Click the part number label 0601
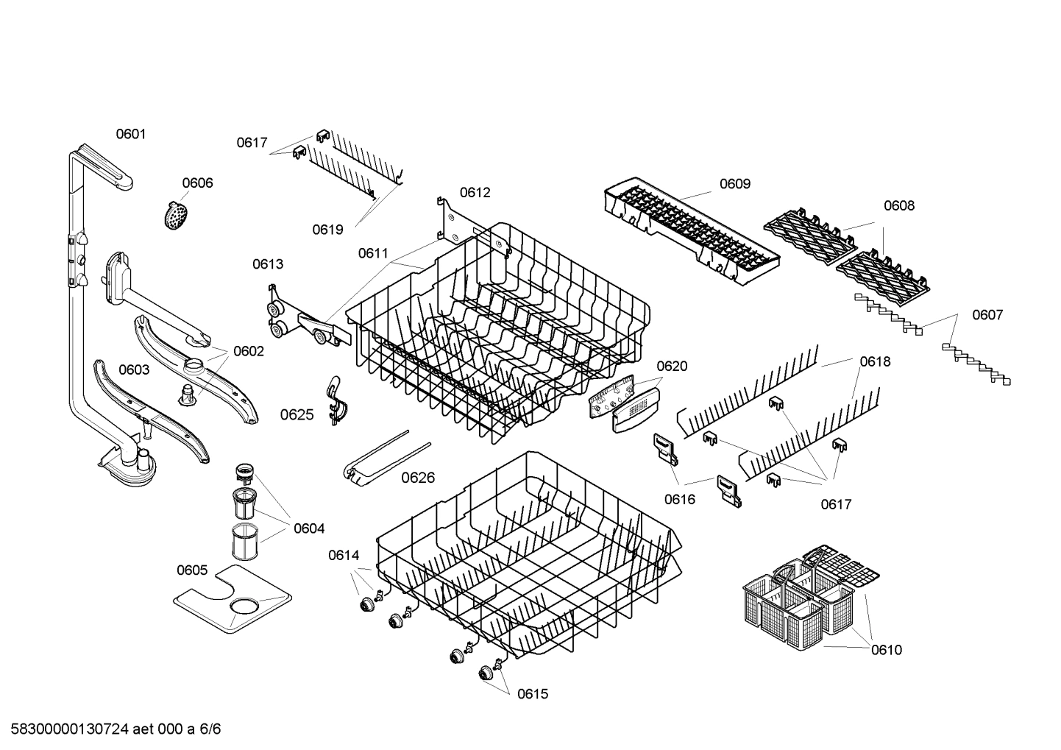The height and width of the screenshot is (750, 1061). point(131,134)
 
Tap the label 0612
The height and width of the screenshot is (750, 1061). point(475,193)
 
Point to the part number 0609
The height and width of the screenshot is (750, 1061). point(734,184)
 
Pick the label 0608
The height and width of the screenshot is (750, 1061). point(898,206)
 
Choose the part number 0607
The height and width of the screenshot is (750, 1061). point(987,315)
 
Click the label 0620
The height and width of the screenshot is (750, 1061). point(671,367)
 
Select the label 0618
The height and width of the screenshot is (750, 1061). point(875,361)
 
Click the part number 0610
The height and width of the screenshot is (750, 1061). point(886,650)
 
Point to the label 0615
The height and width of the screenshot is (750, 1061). point(532,694)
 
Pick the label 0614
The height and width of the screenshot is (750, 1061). point(343,556)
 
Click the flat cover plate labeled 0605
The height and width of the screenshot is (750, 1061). point(232,599)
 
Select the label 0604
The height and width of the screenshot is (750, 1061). point(308,528)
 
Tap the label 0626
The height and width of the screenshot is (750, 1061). point(418,478)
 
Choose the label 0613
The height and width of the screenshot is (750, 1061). point(268,264)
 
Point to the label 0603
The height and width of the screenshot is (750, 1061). point(134,369)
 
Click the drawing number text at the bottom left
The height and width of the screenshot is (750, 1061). point(111,729)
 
